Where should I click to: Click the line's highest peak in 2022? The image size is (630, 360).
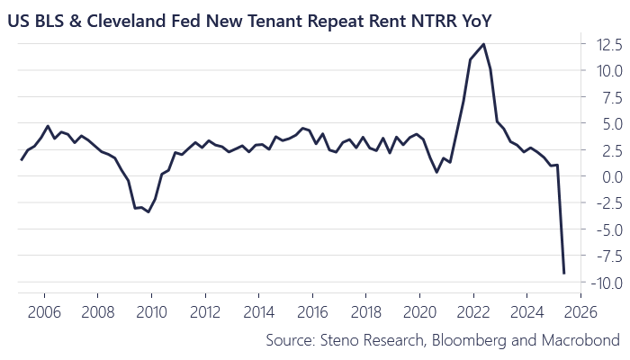(484, 44)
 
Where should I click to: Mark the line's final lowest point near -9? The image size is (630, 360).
(564, 273)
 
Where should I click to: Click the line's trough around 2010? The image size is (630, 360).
(148, 211)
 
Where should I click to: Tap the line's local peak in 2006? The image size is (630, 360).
(48, 126)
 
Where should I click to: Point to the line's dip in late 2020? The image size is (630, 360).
(437, 171)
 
